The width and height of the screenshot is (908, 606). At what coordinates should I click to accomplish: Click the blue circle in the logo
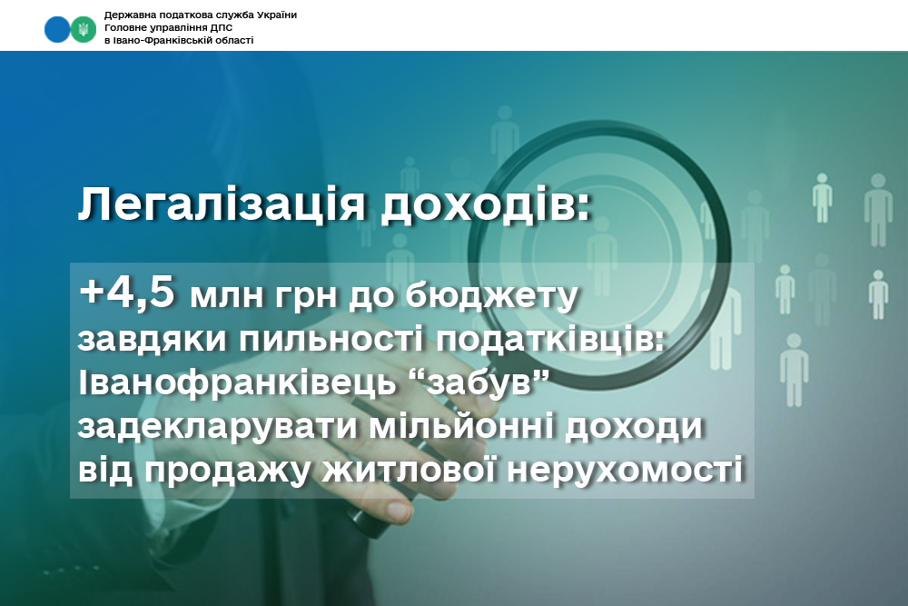click(56, 30)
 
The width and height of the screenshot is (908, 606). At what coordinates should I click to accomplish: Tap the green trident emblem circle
click(84, 30)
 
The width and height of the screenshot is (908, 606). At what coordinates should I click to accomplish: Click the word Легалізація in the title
click(222, 205)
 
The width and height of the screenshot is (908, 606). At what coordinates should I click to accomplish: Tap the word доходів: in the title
click(486, 205)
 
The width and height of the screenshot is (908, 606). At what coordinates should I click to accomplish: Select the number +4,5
click(127, 293)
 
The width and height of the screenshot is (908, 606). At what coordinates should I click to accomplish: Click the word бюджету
click(491, 296)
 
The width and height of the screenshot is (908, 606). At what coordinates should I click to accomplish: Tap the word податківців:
click(551, 340)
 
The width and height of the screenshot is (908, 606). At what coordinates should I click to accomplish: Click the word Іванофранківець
click(236, 383)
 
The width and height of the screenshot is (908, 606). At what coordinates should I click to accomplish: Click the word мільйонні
click(461, 427)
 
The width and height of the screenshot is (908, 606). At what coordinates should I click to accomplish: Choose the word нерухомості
click(626, 471)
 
